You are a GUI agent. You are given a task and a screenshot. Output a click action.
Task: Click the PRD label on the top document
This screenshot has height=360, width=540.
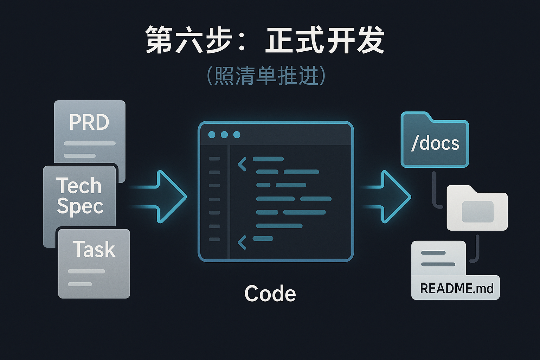(x=89, y=122)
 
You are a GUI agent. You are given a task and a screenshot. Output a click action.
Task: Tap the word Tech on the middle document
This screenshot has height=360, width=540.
(x=79, y=186)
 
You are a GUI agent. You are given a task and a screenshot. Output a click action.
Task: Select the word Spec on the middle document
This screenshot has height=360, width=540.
(x=80, y=206)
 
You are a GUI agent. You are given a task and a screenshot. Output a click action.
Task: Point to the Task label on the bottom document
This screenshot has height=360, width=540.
(x=94, y=250)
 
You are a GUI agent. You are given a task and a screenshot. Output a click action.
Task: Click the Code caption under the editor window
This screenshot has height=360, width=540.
(x=270, y=294)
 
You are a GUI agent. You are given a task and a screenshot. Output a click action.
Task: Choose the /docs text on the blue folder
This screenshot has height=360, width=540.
(x=435, y=143)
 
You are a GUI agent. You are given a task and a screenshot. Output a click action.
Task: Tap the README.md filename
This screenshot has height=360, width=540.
(x=457, y=289)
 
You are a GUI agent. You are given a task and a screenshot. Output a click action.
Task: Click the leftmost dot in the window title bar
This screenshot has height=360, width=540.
(x=212, y=135)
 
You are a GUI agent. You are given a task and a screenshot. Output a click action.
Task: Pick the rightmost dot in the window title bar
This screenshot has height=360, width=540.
(x=237, y=135)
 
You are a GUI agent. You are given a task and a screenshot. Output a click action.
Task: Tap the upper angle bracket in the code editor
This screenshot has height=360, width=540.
(x=242, y=164)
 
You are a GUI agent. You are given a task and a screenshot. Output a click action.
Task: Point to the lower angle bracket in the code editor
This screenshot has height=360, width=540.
(x=242, y=243)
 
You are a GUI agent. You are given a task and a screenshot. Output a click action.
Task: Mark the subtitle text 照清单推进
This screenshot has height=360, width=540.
(x=266, y=76)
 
